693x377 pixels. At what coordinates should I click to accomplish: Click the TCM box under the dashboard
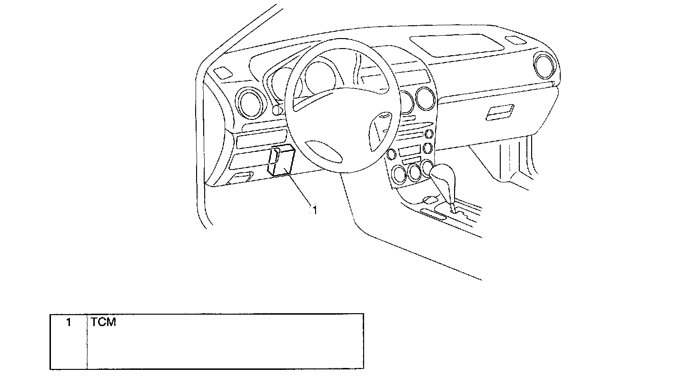[281, 162]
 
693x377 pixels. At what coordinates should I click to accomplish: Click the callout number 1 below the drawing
[314, 210]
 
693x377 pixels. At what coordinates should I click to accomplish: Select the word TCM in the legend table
[103, 322]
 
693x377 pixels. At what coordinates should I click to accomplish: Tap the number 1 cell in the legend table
[69, 322]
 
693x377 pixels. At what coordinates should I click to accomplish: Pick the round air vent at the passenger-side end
[545, 66]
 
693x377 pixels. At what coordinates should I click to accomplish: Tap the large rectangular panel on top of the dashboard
[457, 43]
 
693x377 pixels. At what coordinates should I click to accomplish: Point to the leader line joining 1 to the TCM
[300, 190]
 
